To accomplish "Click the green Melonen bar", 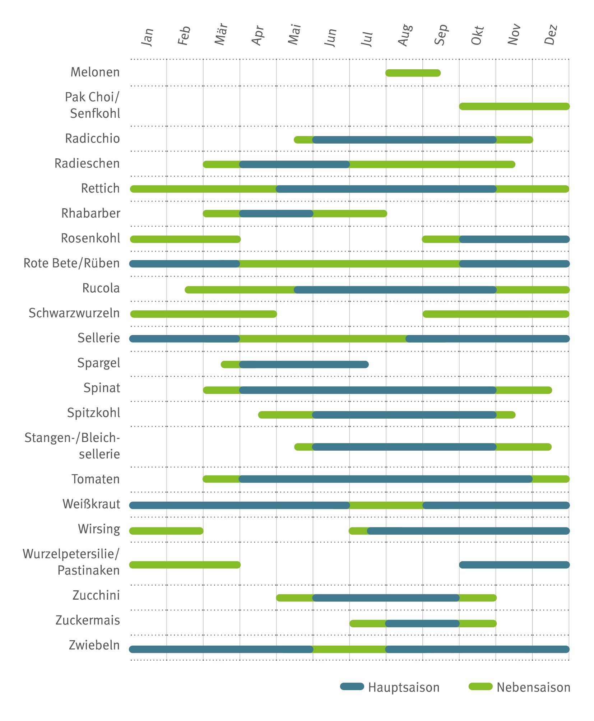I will (413, 73).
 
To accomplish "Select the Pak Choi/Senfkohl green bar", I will (514, 106).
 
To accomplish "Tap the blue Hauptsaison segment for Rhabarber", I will (276, 214).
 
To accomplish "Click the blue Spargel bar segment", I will (304, 364).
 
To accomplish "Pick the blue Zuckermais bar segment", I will (422, 623).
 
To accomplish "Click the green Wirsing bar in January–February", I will (166, 531).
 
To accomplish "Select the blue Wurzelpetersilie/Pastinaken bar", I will (514, 565).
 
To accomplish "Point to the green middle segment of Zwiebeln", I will (349, 649).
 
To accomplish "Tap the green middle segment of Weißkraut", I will (386, 506).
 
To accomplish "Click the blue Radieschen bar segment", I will (294, 164).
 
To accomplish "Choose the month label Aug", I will (405, 35).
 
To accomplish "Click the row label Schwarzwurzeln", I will (74, 313).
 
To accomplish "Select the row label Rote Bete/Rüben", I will (71, 263).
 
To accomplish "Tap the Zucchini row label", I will (96, 595).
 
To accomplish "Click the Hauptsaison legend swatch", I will (352, 687).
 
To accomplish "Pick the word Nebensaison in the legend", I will (533, 687).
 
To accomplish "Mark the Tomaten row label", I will (96, 479).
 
